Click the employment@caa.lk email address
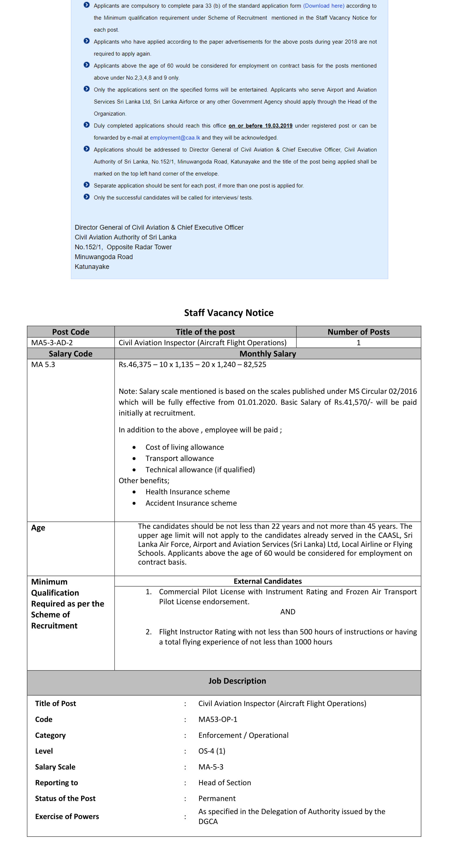pos(175,138)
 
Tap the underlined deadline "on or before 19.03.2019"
pos(260,126)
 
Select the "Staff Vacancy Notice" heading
pos(229,312)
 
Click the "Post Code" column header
pos(71,332)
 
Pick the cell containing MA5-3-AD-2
pos(52,342)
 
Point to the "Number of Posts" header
pos(358,332)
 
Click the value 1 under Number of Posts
pos(358,342)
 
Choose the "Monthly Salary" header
pos(268,353)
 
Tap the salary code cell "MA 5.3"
pos(43,364)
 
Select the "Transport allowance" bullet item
pos(179,458)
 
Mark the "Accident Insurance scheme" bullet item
pos(191,503)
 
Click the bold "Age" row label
pos(38,528)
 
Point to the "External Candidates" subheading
pos(268,581)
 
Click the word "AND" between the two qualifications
pos(287,612)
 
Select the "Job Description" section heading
pos(237,681)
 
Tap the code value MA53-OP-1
pos(218,719)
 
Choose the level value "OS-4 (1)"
pos(211,751)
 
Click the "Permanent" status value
pos(217,798)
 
